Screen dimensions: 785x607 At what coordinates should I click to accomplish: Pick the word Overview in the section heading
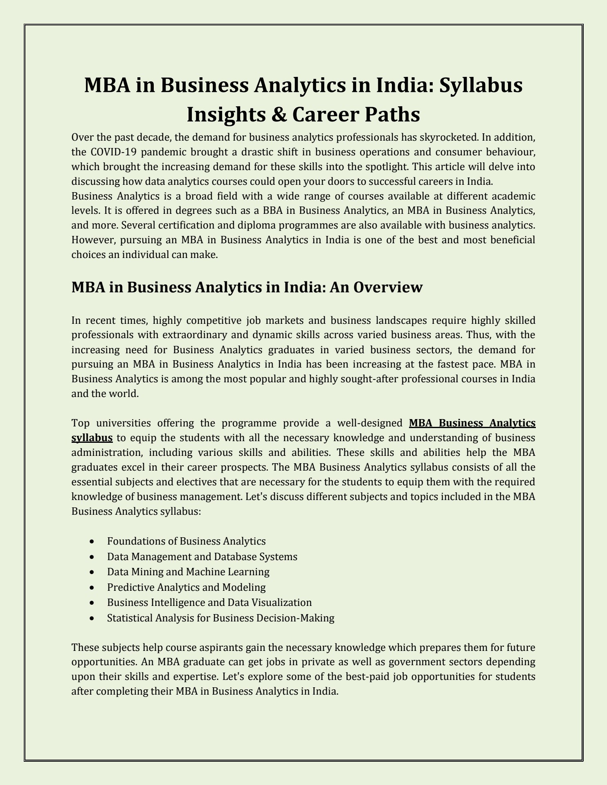[x=387, y=287]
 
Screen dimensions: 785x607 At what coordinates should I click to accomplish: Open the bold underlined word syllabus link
[x=92, y=438]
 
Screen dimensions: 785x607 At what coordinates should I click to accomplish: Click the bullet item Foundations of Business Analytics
[x=186, y=541]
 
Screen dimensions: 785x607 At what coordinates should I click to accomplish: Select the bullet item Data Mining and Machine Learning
[x=188, y=572]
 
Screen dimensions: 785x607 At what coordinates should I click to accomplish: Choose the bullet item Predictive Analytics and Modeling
[x=186, y=588]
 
